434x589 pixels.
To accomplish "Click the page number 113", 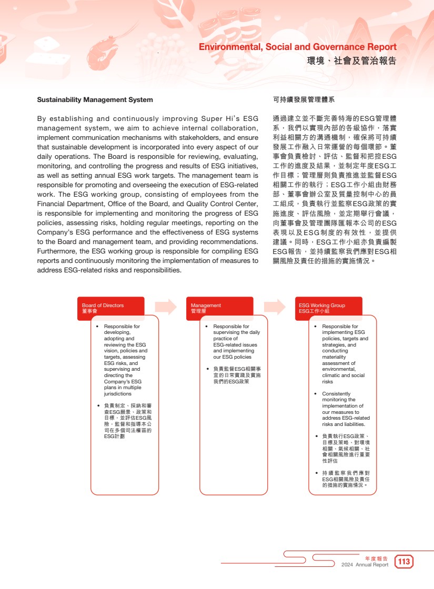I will pyautogui.click(x=404, y=562).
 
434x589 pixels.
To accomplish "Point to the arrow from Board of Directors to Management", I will pyautogui.click(x=166, y=307).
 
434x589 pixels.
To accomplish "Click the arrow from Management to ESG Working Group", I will pyautogui.click(x=275, y=307).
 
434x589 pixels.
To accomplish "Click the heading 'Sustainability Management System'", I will pyautogui.click(x=95, y=99).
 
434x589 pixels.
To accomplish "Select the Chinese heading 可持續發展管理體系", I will pyautogui.click(x=304, y=99).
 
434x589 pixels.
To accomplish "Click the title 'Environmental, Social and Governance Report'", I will pyautogui.click(x=297, y=47).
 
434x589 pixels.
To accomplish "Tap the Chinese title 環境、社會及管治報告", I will pyautogui.click(x=351, y=61).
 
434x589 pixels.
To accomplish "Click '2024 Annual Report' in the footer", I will pyautogui.click(x=365, y=565).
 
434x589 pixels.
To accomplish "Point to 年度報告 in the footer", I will pyautogui.click(x=376, y=558).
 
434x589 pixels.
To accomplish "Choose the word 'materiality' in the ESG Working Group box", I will pyautogui.click(x=335, y=357).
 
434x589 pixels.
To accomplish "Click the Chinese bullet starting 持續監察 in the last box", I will pyautogui.click(x=346, y=479).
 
